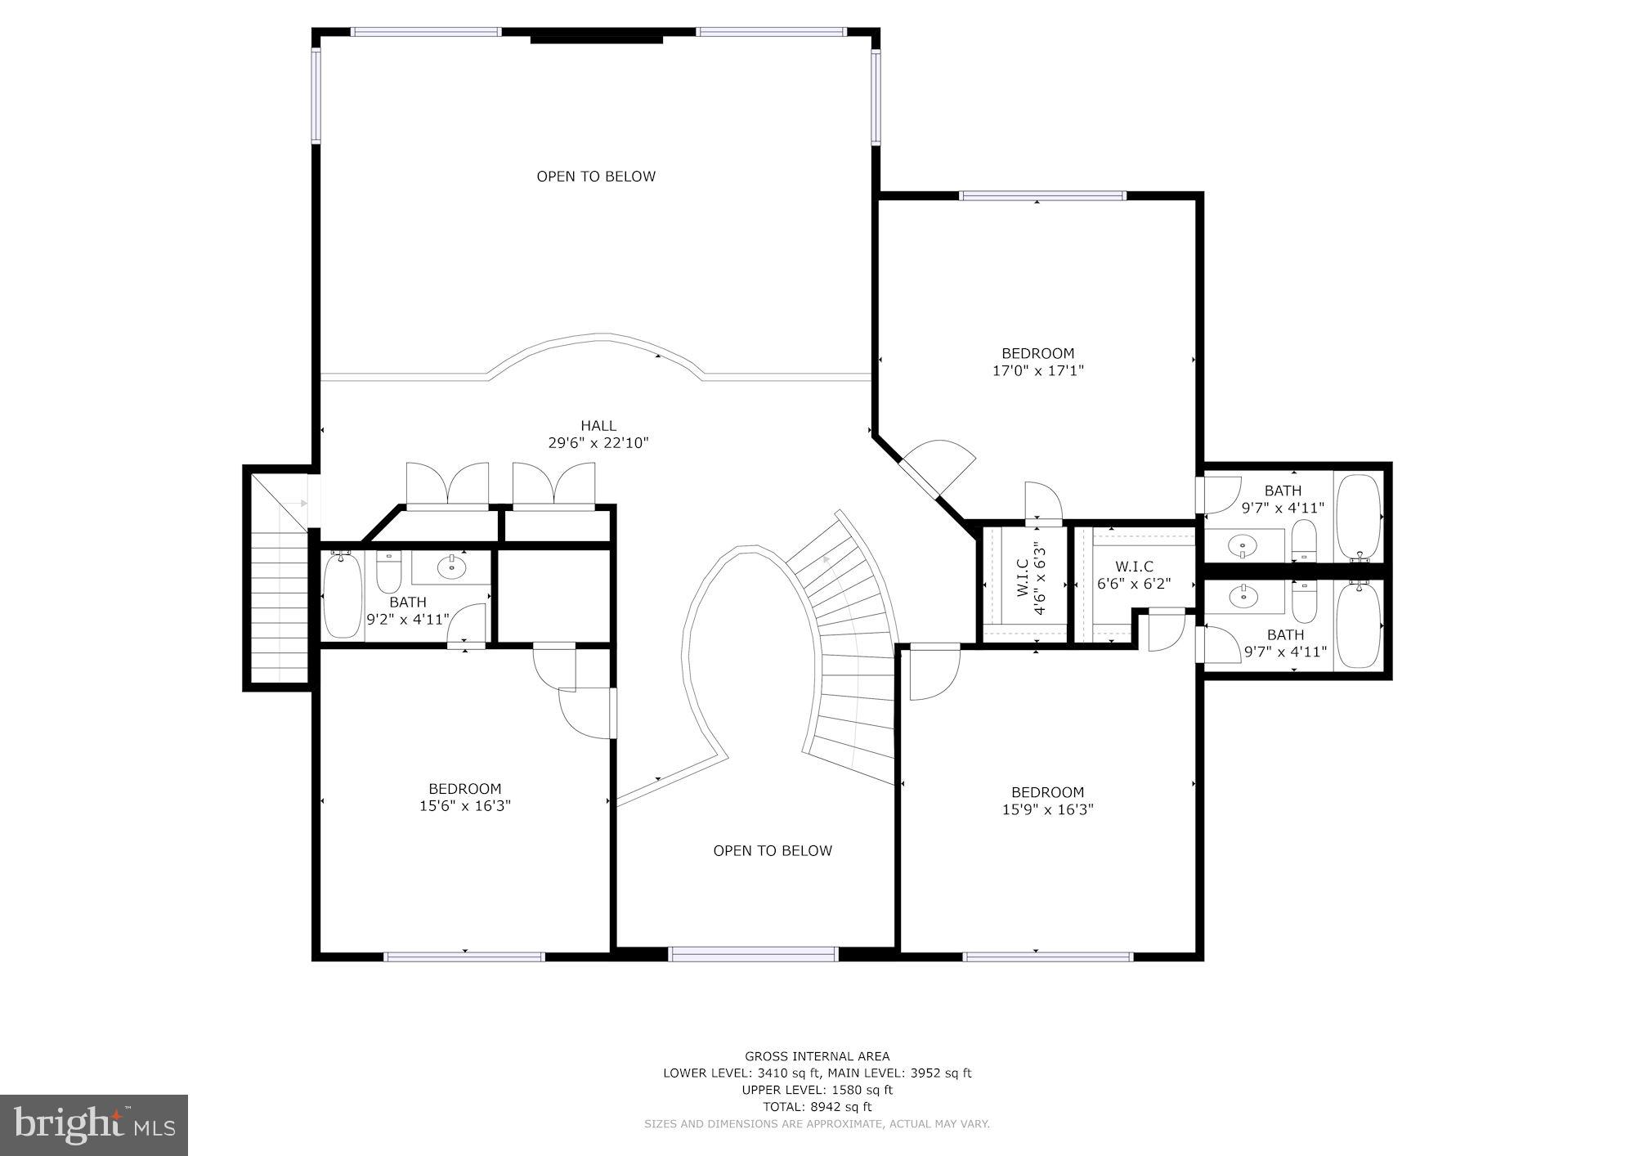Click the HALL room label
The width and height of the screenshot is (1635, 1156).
pyautogui.click(x=598, y=426)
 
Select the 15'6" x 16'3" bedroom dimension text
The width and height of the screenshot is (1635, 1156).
pyautogui.click(x=464, y=806)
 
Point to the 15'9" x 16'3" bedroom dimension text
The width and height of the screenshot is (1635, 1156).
pyautogui.click(x=1047, y=809)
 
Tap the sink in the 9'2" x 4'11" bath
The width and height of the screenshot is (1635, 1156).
pyautogui.click(x=450, y=566)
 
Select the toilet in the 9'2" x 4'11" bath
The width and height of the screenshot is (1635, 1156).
pyautogui.click(x=388, y=572)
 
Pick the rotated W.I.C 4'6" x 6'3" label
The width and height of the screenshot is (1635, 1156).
pyautogui.click(x=1031, y=580)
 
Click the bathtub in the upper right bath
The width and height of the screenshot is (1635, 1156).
pyautogui.click(x=1358, y=517)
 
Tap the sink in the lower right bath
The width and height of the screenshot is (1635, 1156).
pyautogui.click(x=1244, y=597)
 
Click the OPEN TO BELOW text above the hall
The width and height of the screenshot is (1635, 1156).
pyautogui.click(x=596, y=177)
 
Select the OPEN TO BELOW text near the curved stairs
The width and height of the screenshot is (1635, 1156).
pyautogui.click(x=773, y=851)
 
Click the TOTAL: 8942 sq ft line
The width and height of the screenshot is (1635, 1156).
pyautogui.click(x=817, y=1107)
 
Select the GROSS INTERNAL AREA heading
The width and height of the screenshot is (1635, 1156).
pyautogui.click(x=817, y=1056)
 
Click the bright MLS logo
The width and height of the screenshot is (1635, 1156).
pyautogui.click(x=94, y=1125)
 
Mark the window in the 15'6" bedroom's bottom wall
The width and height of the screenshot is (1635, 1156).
pyautogui.click(x=464, y=956)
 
